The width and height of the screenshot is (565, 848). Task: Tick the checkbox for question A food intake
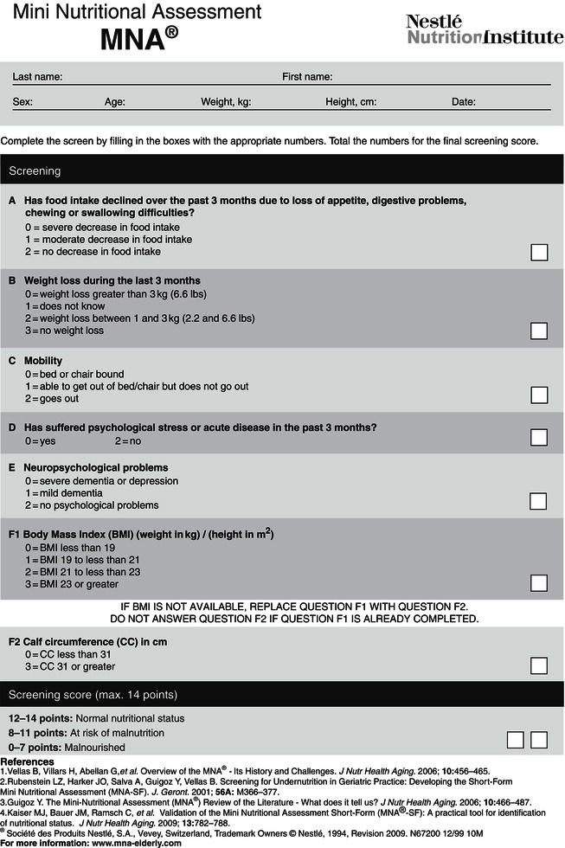[x=538, y=252]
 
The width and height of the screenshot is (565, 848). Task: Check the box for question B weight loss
[x=538, y=331]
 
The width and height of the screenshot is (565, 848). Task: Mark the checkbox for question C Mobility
[x=538, y=395]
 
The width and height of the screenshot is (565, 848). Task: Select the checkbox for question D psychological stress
[x=538, y=437]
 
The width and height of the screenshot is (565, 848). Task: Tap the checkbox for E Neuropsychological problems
[x=538, y=501]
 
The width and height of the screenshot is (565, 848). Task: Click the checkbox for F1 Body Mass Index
[x=538, y=582]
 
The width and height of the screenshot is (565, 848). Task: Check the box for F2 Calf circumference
[x=538, y=665]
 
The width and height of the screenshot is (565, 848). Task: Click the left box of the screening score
[x=516, y=739]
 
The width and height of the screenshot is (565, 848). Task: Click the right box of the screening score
[x=539, y=739]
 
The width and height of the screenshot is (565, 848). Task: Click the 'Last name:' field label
[x=37, y=77]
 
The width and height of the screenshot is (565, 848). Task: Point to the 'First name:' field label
[x=308, y=77]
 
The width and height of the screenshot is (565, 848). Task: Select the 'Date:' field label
[x=464, y=102]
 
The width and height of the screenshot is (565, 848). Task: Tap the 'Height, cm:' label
[x=350, y=102]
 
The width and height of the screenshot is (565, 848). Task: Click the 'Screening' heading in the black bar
[x=35, y=171]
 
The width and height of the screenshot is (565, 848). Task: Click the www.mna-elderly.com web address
[x=127, y=841]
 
